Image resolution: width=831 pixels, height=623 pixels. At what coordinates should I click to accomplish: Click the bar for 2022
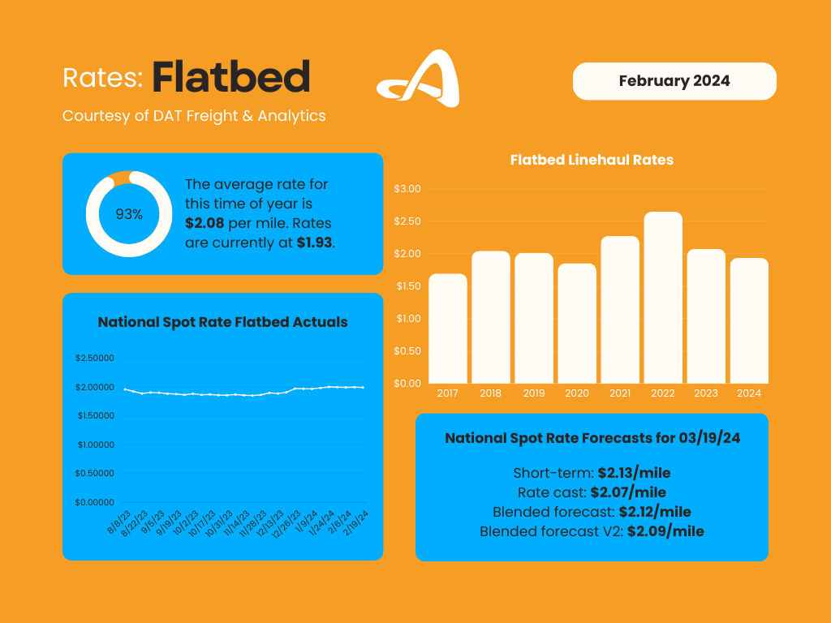(663, 298)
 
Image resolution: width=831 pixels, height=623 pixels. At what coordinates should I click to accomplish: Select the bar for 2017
(448, 329)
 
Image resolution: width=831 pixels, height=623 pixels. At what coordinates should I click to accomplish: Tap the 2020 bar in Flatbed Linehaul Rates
(577, 324)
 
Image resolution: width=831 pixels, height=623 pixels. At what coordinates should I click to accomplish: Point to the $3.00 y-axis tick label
(407, 189)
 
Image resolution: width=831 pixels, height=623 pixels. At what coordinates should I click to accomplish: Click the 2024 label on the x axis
(749, 393)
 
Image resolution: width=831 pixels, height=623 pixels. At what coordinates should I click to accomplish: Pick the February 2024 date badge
(674, 81)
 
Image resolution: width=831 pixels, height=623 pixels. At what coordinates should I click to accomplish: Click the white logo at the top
(420, 79)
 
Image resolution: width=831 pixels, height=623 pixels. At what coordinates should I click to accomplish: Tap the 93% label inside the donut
(129, 214)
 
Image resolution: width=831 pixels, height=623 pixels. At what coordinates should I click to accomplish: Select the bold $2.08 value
(205, 223)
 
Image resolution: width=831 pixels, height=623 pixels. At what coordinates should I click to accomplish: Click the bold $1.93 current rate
(314, 242)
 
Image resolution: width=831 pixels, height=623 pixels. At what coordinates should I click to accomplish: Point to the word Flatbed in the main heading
(231, 77)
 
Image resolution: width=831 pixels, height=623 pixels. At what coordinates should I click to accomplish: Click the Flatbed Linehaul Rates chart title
(592, 160)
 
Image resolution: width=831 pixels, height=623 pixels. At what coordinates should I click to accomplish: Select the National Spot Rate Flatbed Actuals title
(222, 322)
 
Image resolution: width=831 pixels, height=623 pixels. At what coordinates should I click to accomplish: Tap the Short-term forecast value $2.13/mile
(634, 473)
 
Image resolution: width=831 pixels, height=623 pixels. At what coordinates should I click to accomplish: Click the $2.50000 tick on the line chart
(95, 359)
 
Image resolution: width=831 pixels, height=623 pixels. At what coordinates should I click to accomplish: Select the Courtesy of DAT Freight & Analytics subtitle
(194, 116)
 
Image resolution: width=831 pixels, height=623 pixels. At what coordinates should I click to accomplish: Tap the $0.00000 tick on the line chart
(95, 502)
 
